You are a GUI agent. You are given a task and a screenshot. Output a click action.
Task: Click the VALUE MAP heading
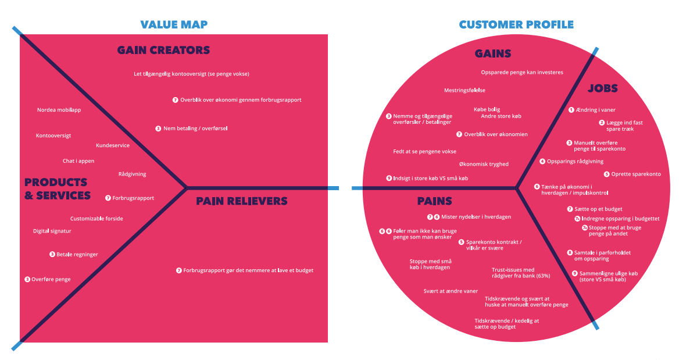(x=173, y=24)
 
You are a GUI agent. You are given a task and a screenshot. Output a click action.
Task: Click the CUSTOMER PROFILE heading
(x=516, y=24)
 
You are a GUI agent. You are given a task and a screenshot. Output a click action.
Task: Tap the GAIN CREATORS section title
(x=163, y=50)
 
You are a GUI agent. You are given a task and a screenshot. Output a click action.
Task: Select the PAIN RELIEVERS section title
(x=241, y=201)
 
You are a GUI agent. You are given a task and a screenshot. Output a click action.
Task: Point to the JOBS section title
(x=602, y=89)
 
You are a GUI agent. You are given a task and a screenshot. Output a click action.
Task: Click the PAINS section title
(x=434, y=201)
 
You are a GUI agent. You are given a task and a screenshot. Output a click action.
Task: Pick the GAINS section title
(x=493, y=54)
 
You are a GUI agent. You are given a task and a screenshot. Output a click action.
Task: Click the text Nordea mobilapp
(x=59, y=110)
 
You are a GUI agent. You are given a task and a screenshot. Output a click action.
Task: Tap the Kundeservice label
(x=113, y=145)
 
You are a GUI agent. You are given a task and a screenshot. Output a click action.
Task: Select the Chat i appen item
(x=78, y=161)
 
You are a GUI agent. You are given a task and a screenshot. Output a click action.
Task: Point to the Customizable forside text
(x=97, y=219)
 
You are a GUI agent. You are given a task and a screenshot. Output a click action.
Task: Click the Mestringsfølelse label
(x=464, y=90)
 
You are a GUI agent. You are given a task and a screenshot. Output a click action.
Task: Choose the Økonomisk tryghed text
(x=484, y=164)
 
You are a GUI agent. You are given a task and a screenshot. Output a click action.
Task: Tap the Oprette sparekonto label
(x=635, y=174)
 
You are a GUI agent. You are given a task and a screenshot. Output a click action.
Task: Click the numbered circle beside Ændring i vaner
(x=571, y=110)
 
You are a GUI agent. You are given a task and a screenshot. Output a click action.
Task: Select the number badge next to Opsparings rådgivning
(x=542, y=162)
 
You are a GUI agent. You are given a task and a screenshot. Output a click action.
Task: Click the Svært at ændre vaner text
(x=451, y=291)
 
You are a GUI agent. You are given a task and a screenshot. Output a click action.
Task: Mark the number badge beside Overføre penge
(x=27, y=279)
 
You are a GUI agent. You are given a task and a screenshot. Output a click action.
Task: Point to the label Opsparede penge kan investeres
(x=522, y=72)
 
